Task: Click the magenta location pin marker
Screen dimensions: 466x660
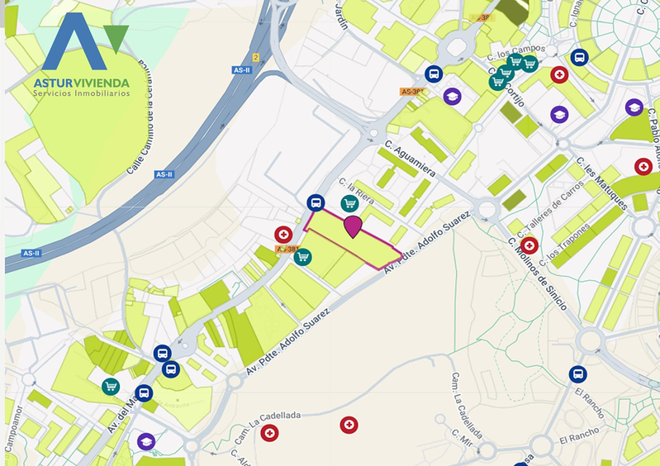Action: [353, 226]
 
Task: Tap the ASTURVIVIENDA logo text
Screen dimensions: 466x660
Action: [81, 82]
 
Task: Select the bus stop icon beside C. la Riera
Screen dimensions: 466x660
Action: [315, 202]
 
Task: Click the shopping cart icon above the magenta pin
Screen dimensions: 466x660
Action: [349, 203]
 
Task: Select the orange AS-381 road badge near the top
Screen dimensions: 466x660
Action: [411, 91]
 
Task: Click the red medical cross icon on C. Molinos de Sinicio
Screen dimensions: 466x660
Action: [529, 245]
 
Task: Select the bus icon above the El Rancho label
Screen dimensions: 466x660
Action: [577, 373]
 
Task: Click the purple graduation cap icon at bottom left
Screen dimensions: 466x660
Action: [146, 441]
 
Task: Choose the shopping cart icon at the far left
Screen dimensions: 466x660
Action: [111, 386]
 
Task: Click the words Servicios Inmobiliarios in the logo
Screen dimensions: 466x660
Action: [81, 93]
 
